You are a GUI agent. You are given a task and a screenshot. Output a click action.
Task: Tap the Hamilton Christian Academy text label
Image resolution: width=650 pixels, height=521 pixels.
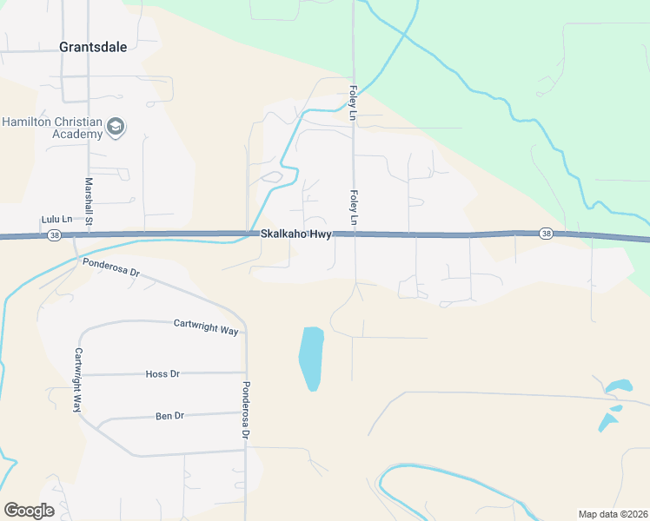[x=52, y=129]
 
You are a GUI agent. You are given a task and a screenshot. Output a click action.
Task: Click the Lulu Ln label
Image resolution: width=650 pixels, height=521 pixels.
[x=55, y=221]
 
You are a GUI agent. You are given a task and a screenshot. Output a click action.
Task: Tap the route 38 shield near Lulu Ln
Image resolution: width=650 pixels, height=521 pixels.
[x=55, y=235]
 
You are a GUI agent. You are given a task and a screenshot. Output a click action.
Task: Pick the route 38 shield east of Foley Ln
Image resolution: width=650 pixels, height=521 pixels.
[x=546, y=233]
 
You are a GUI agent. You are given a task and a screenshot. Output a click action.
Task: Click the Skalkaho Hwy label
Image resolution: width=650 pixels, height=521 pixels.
[x=295, y=235]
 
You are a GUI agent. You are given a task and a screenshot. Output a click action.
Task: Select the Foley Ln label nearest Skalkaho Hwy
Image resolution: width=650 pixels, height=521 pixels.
[x=354, y=209]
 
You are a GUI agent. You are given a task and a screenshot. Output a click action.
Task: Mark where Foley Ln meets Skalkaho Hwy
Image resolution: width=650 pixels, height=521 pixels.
[x=354, y=234]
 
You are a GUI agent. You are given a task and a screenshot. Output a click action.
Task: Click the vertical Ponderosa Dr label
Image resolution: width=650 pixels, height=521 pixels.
[x=246, y=409]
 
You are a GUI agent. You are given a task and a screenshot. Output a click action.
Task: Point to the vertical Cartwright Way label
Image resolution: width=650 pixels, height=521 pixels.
[x=78, y=379]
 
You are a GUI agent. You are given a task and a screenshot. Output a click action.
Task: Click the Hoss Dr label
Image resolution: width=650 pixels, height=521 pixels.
[x=162, y=373]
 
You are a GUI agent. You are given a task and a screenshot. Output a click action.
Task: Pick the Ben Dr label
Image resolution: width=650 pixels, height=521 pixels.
[x=170, y=416]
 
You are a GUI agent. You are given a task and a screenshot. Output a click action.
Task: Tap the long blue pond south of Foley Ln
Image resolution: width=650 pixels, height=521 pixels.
[x=311, y=358]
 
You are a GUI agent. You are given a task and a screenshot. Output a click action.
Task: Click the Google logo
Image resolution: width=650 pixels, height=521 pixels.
[x=29, y=510]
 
